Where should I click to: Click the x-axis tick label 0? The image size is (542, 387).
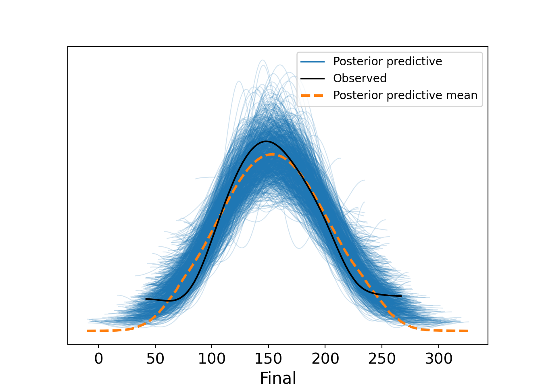tap(98, 359)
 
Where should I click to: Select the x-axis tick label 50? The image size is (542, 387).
tap(155, 359)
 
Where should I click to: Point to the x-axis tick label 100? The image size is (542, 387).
tap(212, 359)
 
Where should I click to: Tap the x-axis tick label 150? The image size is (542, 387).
tap(269, 359)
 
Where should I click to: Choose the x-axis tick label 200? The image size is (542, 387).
tap(325, 359)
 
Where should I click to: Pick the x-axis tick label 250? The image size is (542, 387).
tap(382, 359)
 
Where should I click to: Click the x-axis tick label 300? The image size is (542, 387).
tap(439, 359)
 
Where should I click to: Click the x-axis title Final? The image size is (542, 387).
tap(278, 378)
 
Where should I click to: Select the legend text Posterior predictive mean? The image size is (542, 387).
tap(405, 95)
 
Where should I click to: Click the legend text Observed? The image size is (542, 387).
tap(360, 78)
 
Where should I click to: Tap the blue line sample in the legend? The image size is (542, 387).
tap(313, 61)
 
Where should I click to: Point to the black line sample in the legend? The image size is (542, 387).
tap(313, 78)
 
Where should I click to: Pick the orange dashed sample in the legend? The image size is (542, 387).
tap(313, 95)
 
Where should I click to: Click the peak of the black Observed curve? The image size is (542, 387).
tap(266, 141)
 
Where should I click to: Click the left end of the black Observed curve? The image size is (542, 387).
tap(146, 299)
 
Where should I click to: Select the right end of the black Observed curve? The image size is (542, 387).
tap(401, 296)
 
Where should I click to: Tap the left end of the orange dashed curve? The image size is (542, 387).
tap(87, 331)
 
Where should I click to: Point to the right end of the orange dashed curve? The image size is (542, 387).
tap(468, 331)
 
